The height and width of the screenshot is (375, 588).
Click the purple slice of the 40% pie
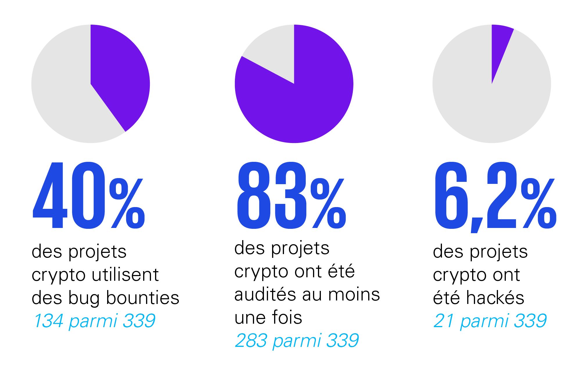[119, 75]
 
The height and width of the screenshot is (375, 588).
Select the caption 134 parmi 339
[95, 321]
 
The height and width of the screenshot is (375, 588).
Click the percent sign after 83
[328, 203]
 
